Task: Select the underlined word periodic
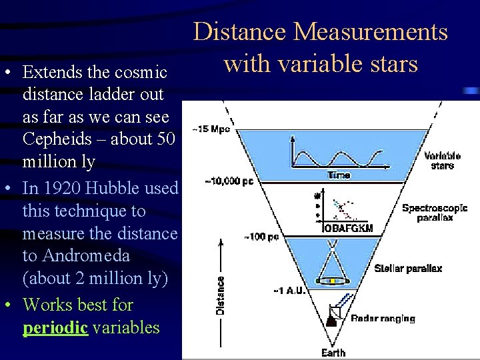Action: point(56,327)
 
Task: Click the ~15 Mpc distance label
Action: point(212,129)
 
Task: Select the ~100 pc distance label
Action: point(261,236)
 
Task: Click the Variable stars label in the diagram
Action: point(442,161)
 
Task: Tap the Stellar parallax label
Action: point(408,268)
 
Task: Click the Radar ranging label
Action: point(383,319)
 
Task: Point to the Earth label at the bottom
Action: point(333,353)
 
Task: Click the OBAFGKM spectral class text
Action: point(347,229)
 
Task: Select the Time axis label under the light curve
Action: point(337,175)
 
